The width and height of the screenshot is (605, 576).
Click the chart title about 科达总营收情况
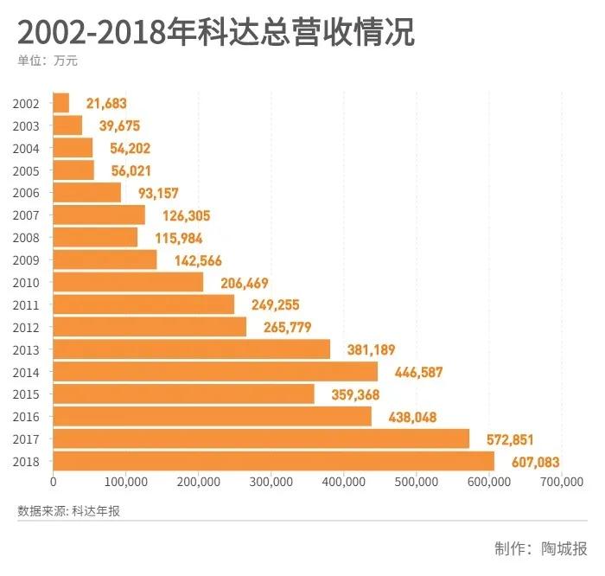215,32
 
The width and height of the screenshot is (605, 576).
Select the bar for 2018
274,461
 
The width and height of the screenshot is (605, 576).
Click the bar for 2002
61,103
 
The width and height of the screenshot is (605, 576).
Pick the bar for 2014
215,371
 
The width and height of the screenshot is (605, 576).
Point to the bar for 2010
128,282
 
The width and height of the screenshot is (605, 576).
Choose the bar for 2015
183,394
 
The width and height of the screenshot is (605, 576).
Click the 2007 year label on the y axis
27,215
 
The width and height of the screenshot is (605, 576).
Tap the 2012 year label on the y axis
27,327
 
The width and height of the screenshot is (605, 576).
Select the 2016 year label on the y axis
27,416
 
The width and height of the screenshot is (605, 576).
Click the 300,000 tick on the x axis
271,483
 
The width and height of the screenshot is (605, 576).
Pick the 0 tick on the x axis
54,483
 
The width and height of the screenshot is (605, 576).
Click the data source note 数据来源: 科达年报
68,511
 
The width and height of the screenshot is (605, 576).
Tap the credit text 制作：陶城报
540,548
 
